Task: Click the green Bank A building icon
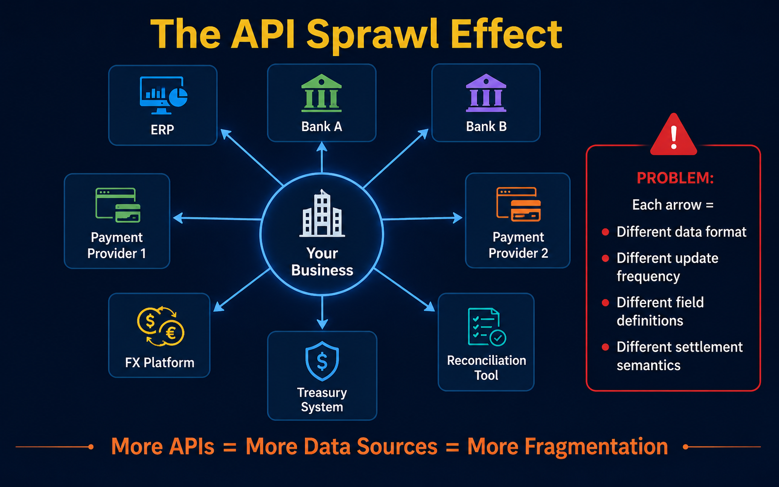321,93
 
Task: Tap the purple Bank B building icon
486,93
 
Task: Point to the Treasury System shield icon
322,361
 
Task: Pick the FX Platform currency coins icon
160,326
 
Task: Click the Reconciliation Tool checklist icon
487,327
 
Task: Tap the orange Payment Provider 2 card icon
519,204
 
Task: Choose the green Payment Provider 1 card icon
118,205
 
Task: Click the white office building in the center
322,213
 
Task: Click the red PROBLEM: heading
675,178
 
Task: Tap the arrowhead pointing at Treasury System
322,324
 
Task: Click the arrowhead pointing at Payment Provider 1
178,218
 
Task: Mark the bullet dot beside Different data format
606,232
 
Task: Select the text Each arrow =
673,205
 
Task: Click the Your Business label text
322,261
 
